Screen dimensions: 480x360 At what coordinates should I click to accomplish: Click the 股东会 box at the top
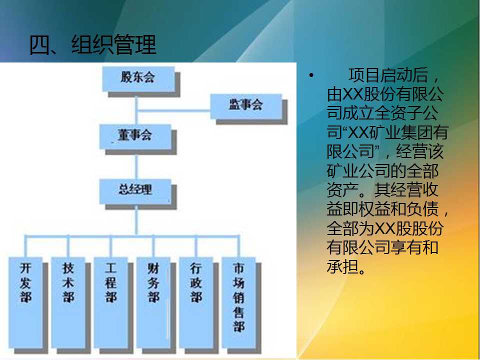138,78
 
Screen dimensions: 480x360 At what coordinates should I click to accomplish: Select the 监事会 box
246,106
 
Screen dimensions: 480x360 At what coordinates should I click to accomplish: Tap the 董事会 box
135,136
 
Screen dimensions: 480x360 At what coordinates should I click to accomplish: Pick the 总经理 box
135,191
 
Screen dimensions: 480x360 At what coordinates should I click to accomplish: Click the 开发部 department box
25,302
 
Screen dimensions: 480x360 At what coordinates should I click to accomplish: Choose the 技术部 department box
68,302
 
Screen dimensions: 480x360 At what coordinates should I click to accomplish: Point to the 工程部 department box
111,302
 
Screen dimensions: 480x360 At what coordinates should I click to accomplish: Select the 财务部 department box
153,302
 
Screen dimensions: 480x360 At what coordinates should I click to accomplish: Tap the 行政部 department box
196,302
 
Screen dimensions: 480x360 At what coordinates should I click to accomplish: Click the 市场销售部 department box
239,302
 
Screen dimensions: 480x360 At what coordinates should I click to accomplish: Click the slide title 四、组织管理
93,45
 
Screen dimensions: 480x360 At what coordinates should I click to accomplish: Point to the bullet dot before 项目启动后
311,75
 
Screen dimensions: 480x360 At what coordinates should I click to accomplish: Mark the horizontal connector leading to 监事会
173,110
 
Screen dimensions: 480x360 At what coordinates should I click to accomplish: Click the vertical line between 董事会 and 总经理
136,164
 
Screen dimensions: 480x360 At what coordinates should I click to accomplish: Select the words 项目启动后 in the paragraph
388,75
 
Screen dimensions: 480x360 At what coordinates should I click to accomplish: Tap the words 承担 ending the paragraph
342,266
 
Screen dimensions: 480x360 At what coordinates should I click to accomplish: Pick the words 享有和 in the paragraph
414,247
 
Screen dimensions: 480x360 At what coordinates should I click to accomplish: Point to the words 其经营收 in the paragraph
406,190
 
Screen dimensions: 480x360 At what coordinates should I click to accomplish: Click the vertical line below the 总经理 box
136,220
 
